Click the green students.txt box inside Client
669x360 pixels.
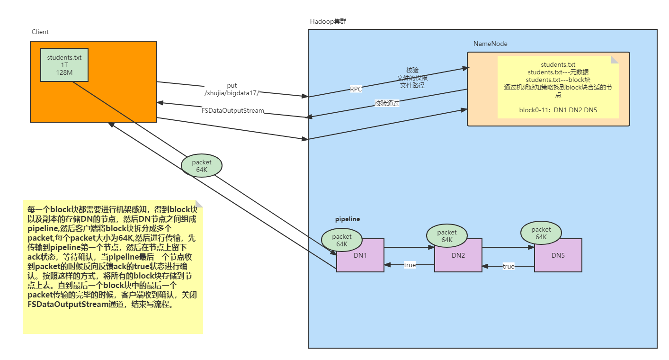(64, 65)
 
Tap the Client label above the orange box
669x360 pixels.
(40, 32)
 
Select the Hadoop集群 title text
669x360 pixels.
(328, 21)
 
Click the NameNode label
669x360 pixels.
(491, 44)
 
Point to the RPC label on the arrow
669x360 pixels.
(356, 89)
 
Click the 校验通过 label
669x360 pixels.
(387, 103)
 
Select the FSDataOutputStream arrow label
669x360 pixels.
(233, 111)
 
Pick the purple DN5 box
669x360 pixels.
(559, 255)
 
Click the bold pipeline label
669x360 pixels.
(348, 219)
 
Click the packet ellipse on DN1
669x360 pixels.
(342, 240)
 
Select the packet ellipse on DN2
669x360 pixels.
(446, 236)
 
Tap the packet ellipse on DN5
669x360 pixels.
(541, 233)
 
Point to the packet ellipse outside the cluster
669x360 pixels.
(202, 166)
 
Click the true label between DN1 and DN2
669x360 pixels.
(410, 265)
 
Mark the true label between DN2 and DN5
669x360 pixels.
(508, 266)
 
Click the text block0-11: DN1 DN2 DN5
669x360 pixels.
(558, 110)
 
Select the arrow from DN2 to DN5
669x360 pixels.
(508, 247)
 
